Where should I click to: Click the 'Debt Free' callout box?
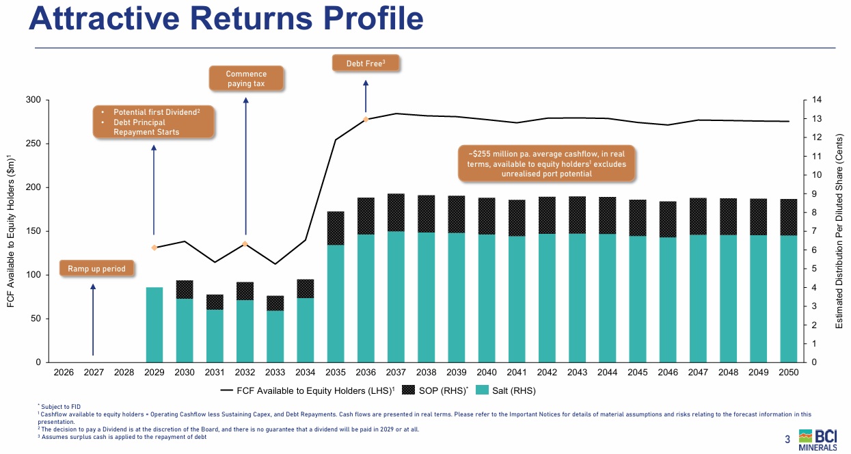tap(366, 63)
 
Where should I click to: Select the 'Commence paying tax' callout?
tap(246, 79)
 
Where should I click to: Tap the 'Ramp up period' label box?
tap(96, 269)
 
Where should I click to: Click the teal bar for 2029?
tap(154, 324)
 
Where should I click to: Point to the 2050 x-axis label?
tap(788, 373)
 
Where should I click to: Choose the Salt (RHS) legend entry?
tap(505, 391)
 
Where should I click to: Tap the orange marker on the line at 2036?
tap(366, 120)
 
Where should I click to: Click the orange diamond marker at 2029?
tap(154, 248)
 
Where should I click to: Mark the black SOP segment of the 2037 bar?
tap(396, 213)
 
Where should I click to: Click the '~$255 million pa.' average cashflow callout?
tap(545, 164)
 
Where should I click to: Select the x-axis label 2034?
tap(306, 373)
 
